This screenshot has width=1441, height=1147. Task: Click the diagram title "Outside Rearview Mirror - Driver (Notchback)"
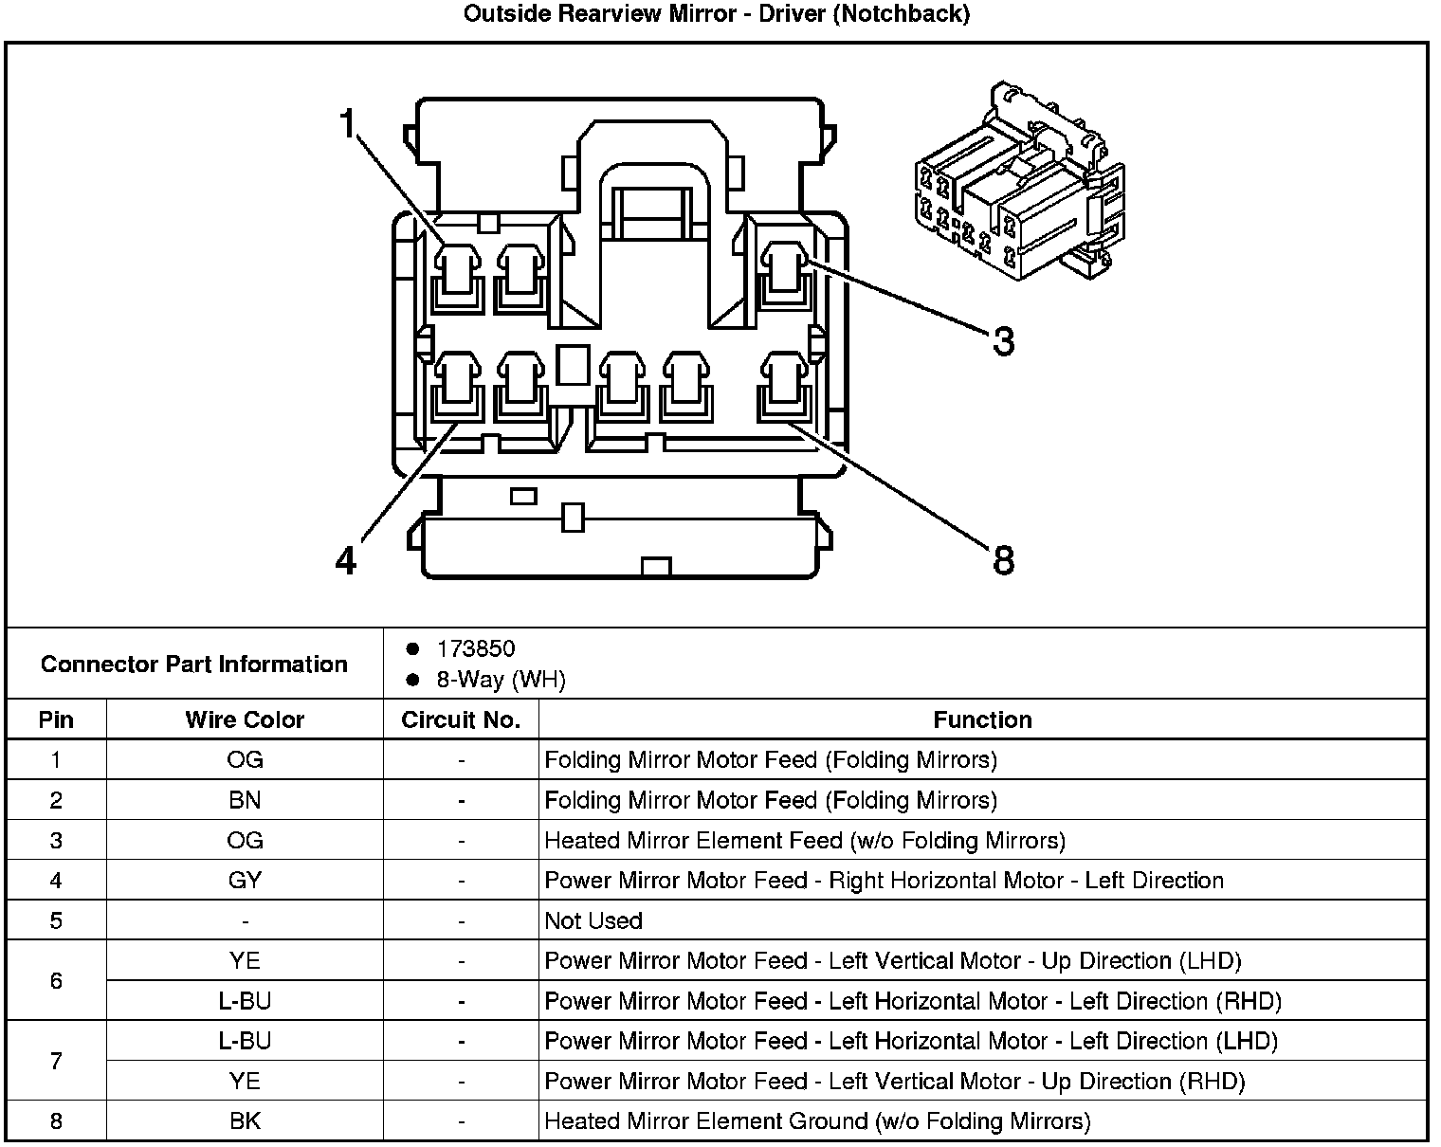pos(716,14)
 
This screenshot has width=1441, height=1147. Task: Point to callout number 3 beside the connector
pos(1003,341)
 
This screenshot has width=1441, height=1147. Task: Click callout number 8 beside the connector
pos(1003,559)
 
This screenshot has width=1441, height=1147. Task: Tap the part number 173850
pos(475,649)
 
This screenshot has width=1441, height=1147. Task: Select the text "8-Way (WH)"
pos(501,680)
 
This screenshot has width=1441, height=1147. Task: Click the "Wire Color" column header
pos(245,719)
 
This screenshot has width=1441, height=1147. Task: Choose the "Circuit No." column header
pos(461,719)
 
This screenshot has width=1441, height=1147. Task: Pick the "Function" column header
pos(982,719)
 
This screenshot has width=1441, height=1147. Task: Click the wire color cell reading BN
pos(245,800)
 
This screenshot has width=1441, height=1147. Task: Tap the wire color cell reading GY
pos(245,881)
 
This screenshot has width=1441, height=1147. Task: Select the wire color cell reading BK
pos(245,1121)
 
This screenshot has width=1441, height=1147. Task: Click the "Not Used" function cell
pos(593,920)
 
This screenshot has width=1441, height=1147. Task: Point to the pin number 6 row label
pos(56,980)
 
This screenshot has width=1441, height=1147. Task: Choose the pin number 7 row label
pos(56,1061)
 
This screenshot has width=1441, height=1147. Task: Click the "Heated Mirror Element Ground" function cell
pos(817,1121)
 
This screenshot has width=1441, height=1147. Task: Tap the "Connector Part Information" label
pos(194,664)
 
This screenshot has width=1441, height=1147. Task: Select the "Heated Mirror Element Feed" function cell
pos(805,840)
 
